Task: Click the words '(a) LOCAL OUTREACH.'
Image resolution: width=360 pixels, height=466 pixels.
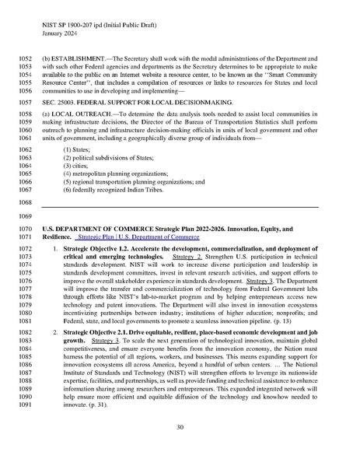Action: [75, 114]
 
